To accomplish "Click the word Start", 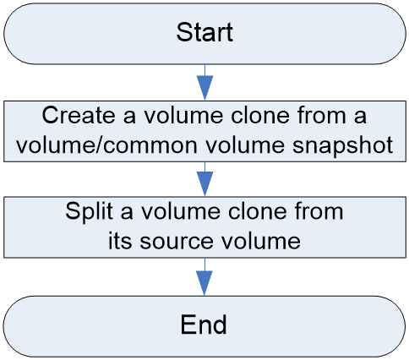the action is coord(204,32).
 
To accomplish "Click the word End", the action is coord(204,325).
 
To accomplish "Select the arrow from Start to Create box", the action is coord(204,82).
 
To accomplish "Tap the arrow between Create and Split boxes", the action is coord(204,179).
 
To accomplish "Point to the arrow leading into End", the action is coord(204,277).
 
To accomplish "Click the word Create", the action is coord(79,115).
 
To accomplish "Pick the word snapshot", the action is coord(342,145).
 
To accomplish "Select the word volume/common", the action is coord(107,145).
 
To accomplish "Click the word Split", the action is coord(89,211).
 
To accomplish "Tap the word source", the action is coord(177,241).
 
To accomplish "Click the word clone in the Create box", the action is coord(260,115).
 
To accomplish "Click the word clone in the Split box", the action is coord(258,211).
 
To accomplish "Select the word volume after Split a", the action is coord(181,211).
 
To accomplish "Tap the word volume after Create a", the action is coord(183,115).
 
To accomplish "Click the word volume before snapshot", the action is coord(245,145).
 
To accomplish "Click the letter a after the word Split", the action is coord(127,213).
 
